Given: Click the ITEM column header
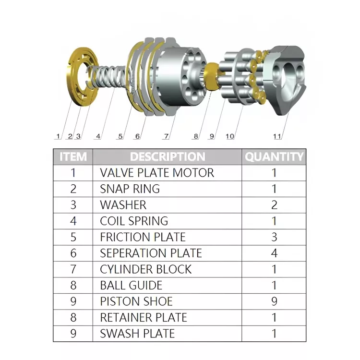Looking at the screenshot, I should click(x=73, y=156).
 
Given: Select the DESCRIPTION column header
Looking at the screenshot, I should click(x=168, y=156).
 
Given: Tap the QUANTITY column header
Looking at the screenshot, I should click(x=274, y=156).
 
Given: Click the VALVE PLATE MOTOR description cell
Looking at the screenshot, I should click(x=157, y=173).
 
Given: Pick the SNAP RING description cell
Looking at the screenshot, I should click(x=130, y=189).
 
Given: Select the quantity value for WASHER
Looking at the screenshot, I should click(x=274, y=205).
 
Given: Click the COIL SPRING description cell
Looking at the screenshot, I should click(x=134, y=221).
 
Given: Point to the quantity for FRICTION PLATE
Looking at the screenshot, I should click(x=274, y=237).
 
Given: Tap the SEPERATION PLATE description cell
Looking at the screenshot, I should click(x=151, y=253).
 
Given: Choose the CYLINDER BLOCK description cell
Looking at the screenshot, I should click(x=145, y=269).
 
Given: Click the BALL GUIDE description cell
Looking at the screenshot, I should click(x=131, y=285).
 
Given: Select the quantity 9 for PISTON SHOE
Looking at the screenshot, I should click(x=274, y=301).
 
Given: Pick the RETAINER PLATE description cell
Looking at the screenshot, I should click(x=144, y=317).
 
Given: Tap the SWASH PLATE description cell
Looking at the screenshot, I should click(x=137, y=334).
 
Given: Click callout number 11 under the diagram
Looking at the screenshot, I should click(x=277, y=136).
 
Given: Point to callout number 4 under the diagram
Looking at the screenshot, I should click(x=98, y=136).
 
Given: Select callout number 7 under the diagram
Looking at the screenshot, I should click(x=166, y=136).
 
